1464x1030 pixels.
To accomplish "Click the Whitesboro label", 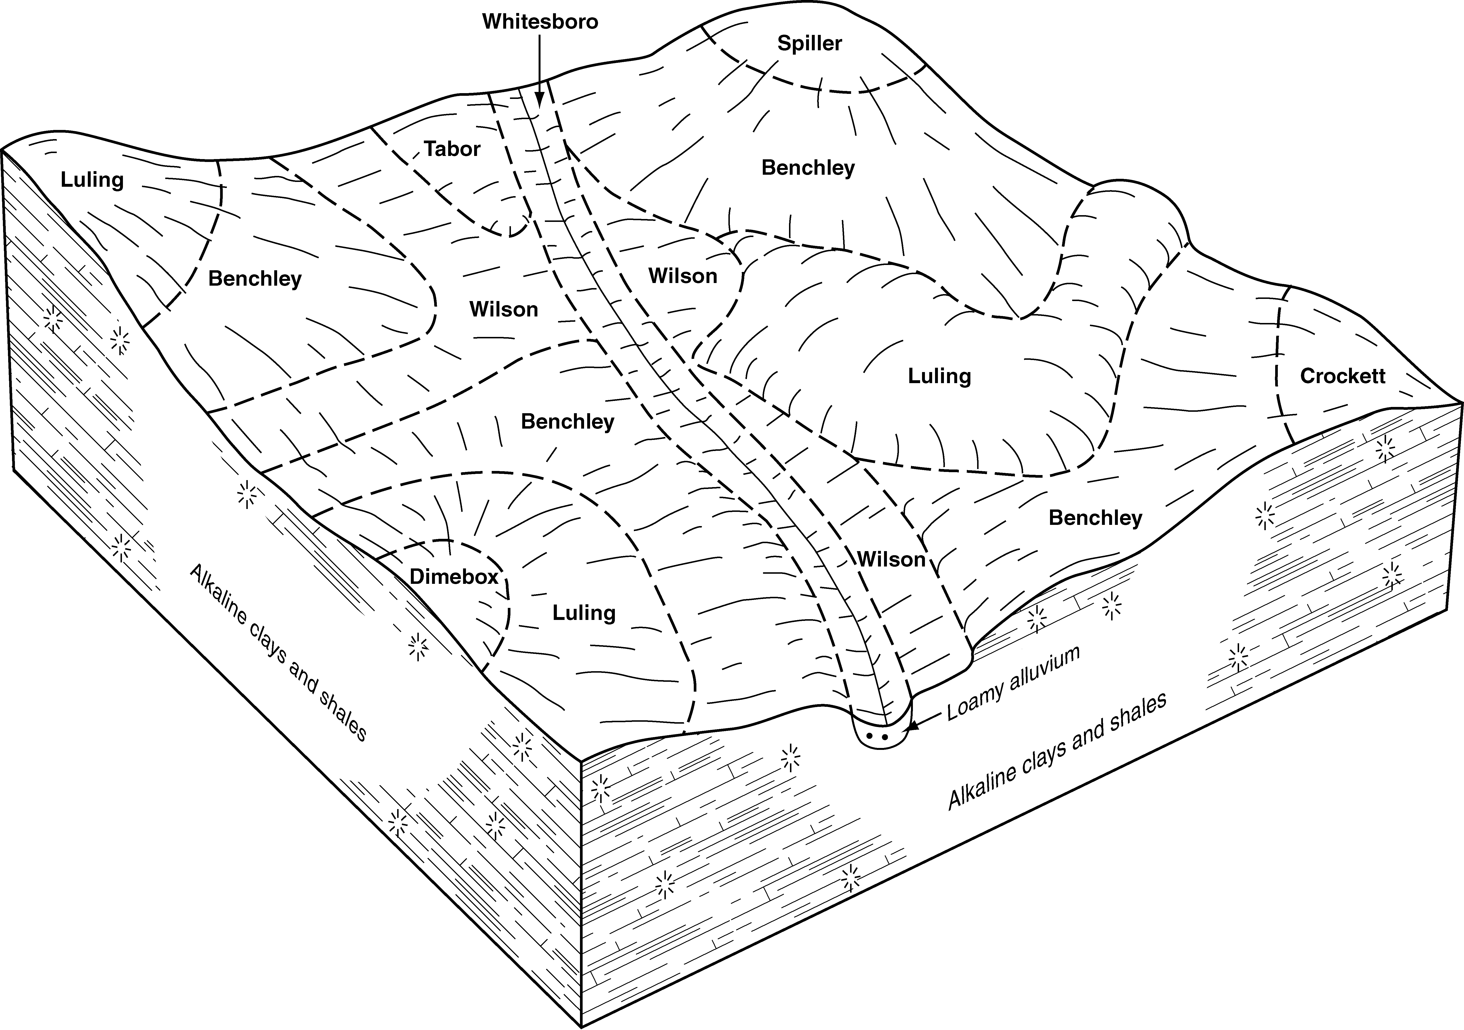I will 540,22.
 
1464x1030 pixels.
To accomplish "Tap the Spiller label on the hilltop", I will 809,43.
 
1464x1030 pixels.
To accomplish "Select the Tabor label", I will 452,149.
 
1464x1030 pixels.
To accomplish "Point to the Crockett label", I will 1342,376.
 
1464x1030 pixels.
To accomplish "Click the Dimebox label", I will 453,577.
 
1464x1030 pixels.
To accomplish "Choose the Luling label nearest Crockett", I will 939,376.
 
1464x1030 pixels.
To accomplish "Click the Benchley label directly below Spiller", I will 808,168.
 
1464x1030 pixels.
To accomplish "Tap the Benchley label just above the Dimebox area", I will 567,422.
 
